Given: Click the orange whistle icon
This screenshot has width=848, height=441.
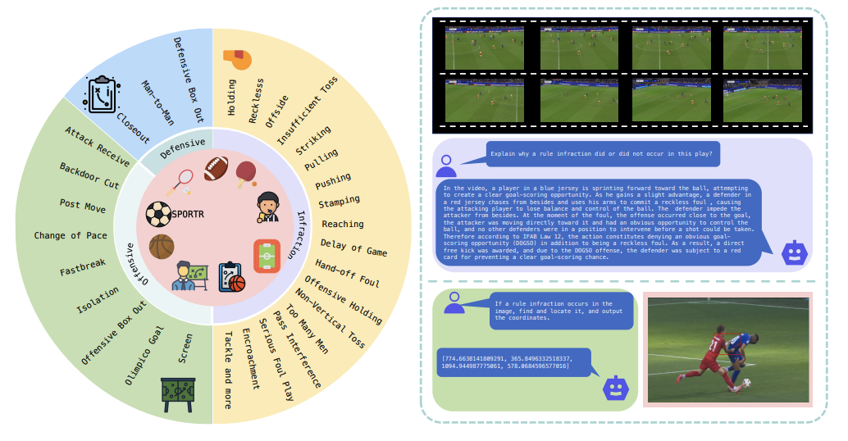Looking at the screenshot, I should pos(237,59).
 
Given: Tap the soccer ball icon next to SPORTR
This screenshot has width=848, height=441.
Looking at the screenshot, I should pos(159,215).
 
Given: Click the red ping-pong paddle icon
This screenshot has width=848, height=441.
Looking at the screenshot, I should pos(247,170).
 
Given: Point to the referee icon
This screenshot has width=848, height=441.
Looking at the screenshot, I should pos(268,206).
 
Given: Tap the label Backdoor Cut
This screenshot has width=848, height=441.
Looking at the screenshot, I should pos(89,175).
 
